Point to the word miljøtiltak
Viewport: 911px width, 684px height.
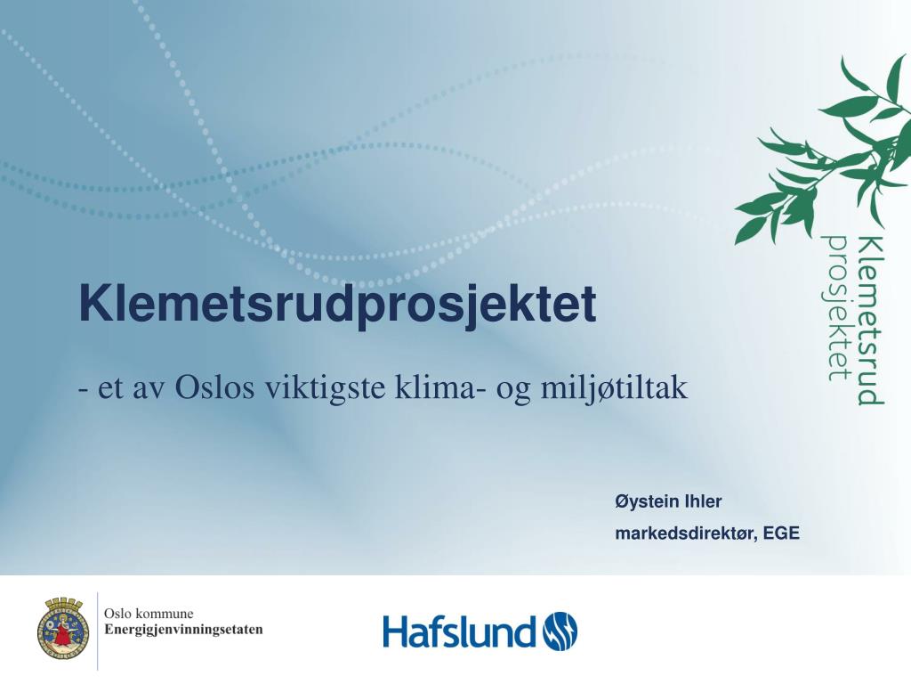pyautogui.click(x=614, y=388)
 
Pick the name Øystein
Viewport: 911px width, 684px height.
pyautogui.click(x=646, y=501)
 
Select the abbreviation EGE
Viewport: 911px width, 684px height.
pyautogui.click(x=781, y=533)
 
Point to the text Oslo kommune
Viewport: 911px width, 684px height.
pyautogui.click(x=149, y=614)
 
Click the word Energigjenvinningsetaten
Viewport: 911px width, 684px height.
pyautogui.click(x=183, y=630)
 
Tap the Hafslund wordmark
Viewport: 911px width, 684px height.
pyautogui.click(x=458, y=631)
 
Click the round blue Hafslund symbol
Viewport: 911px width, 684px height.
pyautogui.click(x=560, y=631)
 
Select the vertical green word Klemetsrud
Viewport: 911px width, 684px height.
pyautogui.click(x=870, y=320)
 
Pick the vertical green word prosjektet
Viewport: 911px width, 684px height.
pyautogui.click(x=837, y=307)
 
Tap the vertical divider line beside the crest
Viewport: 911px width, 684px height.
pyautogui.click(x=97, y=631)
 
